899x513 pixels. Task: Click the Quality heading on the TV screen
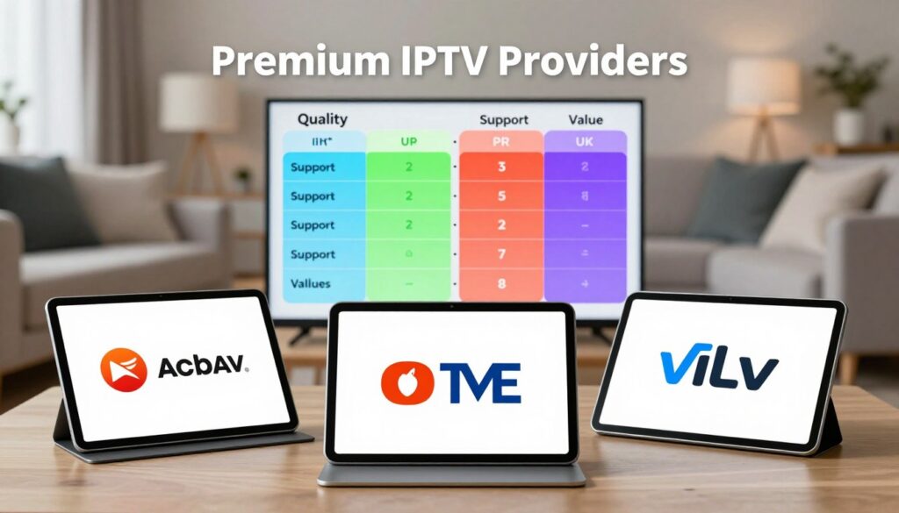322,118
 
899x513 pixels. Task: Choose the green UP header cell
408,141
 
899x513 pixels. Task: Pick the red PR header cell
501,141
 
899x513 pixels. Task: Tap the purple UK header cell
585,141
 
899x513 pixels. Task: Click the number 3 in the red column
501,167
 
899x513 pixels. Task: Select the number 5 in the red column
501,196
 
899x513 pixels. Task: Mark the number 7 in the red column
501,254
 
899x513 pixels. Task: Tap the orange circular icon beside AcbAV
124,368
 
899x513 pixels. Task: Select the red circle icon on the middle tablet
401,382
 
